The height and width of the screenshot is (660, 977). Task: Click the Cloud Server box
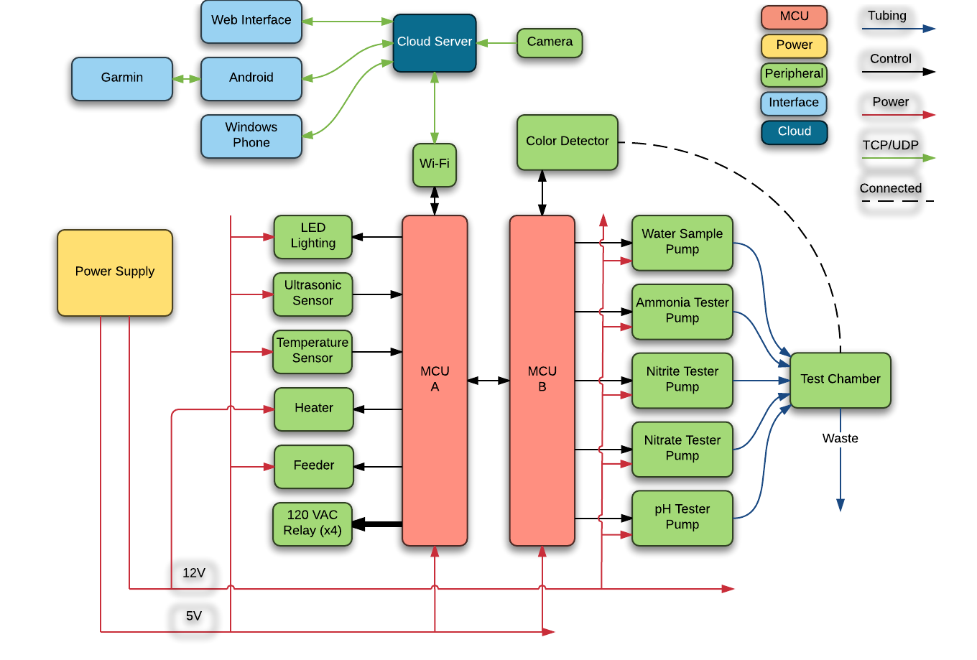[x=435, y=42]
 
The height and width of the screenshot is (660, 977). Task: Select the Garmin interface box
[x=122, y=78]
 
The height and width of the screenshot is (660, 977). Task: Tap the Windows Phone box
[x=251, y=136]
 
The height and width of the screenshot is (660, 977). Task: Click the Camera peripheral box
[x=550, y=42]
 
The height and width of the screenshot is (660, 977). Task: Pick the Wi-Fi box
[x=435, y=164]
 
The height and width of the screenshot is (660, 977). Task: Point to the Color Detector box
[x=568, y=141]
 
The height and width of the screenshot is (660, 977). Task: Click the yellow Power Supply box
[x=115, y=272]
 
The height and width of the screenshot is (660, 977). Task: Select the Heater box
[x=314, y=409]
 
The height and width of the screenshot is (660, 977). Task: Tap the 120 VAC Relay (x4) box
[x=312, y=524]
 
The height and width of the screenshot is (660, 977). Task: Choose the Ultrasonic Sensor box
[x=313, y=294]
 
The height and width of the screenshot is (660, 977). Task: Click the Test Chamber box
[x=841, y=380]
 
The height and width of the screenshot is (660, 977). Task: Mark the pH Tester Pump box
[x=682, y=518]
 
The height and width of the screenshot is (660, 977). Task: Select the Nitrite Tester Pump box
[x=682, y=380]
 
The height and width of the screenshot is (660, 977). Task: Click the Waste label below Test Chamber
[x=841, y=439]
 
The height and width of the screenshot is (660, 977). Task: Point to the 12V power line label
[x=194, y=573]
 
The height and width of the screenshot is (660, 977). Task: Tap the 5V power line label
[x=194, y=616]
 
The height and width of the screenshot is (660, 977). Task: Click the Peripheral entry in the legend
[x=794, y=74]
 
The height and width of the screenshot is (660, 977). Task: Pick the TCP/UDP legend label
[x=891, y=145]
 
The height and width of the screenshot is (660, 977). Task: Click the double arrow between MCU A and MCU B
[x=488, y=381]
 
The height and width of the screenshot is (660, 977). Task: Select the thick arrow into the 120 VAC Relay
[x=377, y=524]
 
